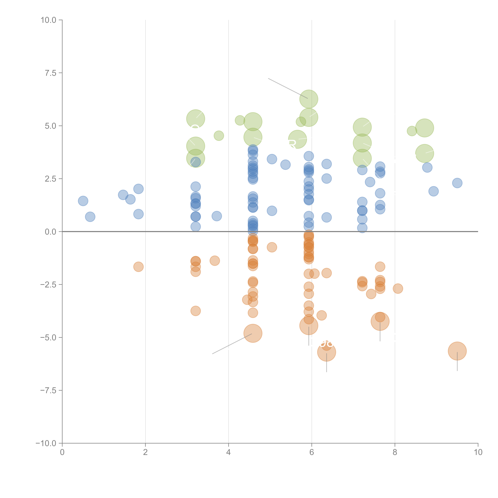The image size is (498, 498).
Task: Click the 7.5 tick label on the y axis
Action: (50, 73)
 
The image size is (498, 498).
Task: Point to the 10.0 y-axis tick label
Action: (49, 20)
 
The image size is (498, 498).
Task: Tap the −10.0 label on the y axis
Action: (46, 443)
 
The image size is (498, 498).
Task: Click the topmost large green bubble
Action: (309, 99)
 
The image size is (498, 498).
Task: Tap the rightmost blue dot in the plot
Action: (457, 183)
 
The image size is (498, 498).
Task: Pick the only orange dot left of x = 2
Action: (138, 267)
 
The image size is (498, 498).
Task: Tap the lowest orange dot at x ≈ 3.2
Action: (196, 311)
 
